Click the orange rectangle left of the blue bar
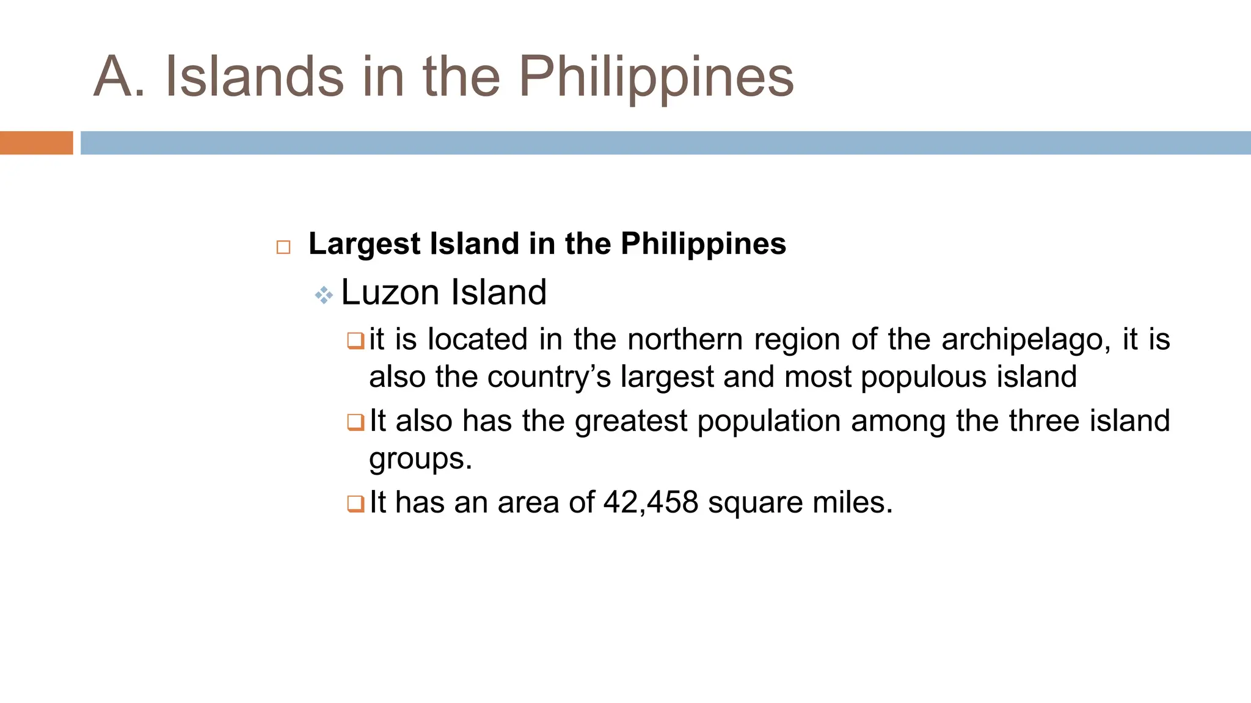click(x=36, y=143)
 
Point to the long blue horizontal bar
click(x=665, y=143)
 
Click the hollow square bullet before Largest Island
click(x=283, y=247)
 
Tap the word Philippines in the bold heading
click(x=703, y=244)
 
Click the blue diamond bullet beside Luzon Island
click(x=324, y=296)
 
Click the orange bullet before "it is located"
click(x=356, y=341)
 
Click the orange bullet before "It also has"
click(x=356, y=422)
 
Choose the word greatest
click(x=631, y=421)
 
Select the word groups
click(x=420, y=459)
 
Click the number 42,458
click(x=651, y=503)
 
